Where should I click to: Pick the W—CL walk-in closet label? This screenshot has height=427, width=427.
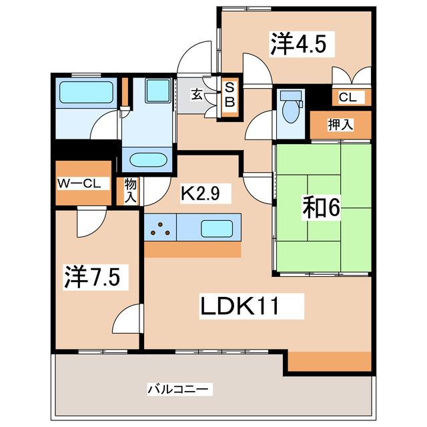(x=83, y=183)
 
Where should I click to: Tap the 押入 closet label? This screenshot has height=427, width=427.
(x=340, y=125)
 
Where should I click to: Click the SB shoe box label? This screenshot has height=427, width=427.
(x=229, y=95)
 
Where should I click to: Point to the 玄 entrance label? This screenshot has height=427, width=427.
(x=198, y=94)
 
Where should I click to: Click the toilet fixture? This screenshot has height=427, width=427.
(x=290, y=107)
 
